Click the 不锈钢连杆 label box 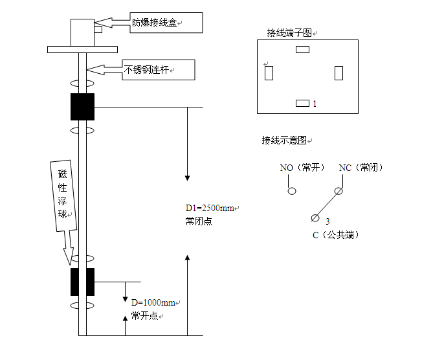click(159, 69)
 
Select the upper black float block click(82, 107)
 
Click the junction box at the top click(82, 31)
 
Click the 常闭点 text click(199, 221)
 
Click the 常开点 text click(145, 315)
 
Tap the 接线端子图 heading click(291, 32)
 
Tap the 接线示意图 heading click(285, 140)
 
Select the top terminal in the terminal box click(302, 49)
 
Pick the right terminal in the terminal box click(339, 73)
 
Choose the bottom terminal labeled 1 click(302, 103)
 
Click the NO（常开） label click(302, 168)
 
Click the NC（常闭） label click(361, 168)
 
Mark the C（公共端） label click(335, 235)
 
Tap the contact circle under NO click(292, 191)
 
